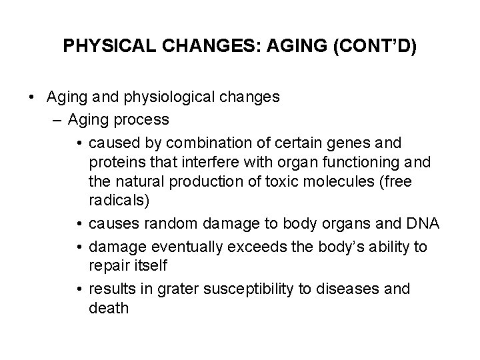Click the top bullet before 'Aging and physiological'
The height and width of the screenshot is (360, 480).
(32, 97)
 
